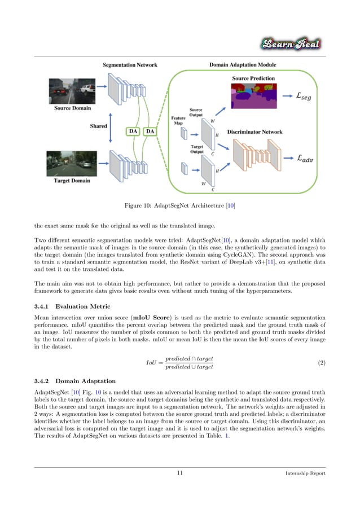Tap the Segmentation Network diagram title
[130, 65]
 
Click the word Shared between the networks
[99, 126]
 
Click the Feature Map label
[178, 119]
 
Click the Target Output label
[196, 148]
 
